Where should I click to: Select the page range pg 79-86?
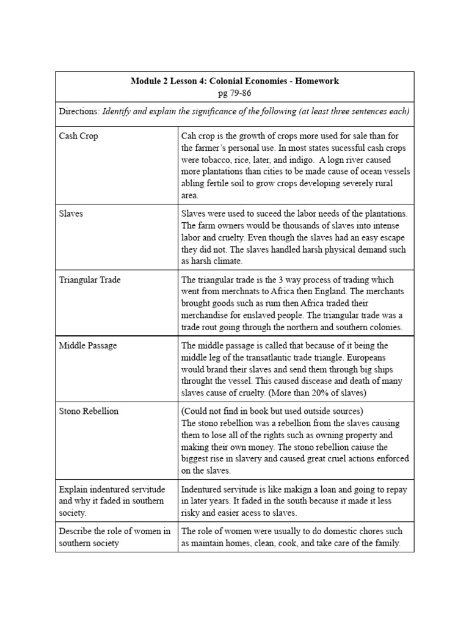click(234, 93)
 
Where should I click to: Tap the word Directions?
click(78, 111)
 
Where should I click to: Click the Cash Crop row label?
click(78, 136)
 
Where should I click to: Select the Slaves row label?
click(71, 214)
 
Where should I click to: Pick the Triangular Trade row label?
click(90, 280)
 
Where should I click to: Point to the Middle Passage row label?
click(88, 345)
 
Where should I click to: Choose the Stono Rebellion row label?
click(89, 411)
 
